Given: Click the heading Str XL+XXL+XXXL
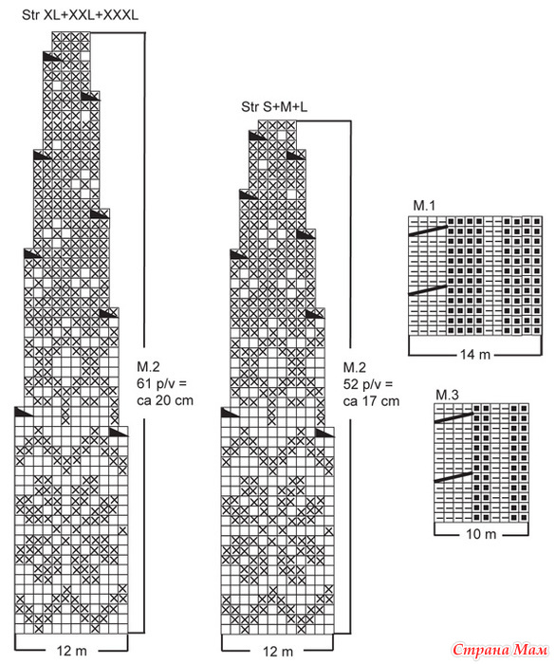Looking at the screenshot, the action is tap(80, 15).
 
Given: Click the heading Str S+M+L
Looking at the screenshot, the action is tap(274, 106).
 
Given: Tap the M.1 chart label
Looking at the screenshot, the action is tap(424, 206).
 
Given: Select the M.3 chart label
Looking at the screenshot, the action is tap(448, 395).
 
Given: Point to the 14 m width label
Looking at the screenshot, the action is tap(475, 354).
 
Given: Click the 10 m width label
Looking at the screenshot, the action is tap(481, 534).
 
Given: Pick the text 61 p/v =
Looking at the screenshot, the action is tap(162, 383).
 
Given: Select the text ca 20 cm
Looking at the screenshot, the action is tap(165, 400).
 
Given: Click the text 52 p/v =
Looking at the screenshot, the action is tap(368, 384).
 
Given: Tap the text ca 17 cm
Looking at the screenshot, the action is tap(371, 401).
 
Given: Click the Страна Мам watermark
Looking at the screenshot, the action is tap(500, 650).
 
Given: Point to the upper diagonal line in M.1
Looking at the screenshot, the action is tap(428, 231).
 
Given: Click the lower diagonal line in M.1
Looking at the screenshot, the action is tap(428, 289).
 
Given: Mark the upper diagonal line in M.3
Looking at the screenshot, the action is tap(453, 417).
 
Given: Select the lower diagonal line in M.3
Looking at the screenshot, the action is tap(453, 477).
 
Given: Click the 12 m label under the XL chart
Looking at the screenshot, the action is tap(71, 651).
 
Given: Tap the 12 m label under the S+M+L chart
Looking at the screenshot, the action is tap(277, 652).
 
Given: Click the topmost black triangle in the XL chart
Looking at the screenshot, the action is tap(51, 56).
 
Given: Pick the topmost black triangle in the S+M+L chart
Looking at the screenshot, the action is tap(257, 136).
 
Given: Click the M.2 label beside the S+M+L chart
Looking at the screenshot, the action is tap(354, 368).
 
